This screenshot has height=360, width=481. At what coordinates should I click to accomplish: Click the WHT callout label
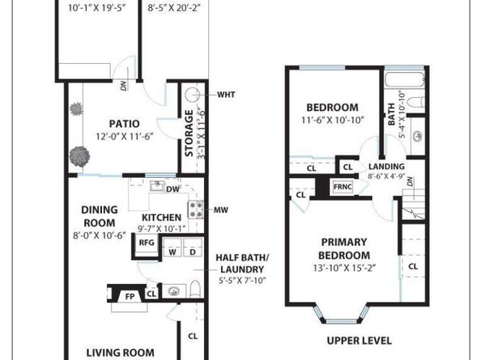point(226,95)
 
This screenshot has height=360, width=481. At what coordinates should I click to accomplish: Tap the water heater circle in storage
point(193,95)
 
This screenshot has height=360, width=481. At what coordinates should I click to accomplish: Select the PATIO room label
point(125,124)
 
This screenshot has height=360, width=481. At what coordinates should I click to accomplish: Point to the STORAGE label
point(189,133)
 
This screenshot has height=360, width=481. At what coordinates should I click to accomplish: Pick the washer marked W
point(172,248)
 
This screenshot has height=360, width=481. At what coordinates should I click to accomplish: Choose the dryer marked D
point(193,248)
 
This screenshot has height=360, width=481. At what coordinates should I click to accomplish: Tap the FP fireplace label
point(130,297)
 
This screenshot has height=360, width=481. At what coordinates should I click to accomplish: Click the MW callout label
point(221,210)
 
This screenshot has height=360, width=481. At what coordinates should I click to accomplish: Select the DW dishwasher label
point(172,189)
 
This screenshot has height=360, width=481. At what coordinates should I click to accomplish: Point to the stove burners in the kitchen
point(196,210)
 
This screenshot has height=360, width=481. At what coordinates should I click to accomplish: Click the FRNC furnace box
point(343,187)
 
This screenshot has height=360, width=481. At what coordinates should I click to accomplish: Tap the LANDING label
point(386,167)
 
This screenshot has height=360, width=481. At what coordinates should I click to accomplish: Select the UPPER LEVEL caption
point(360,341)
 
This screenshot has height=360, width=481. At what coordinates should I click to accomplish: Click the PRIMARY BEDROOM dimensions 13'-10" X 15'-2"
point(344,268)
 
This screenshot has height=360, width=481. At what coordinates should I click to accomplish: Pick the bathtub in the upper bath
point(405,79)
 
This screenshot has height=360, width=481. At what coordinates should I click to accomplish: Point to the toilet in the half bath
point(195,290)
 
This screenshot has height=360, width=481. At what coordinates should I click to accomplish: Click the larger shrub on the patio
point(79,157)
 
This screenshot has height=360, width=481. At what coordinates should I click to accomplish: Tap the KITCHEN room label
point(161,218)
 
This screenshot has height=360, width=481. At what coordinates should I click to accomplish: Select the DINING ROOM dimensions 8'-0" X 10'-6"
point(100,235)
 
